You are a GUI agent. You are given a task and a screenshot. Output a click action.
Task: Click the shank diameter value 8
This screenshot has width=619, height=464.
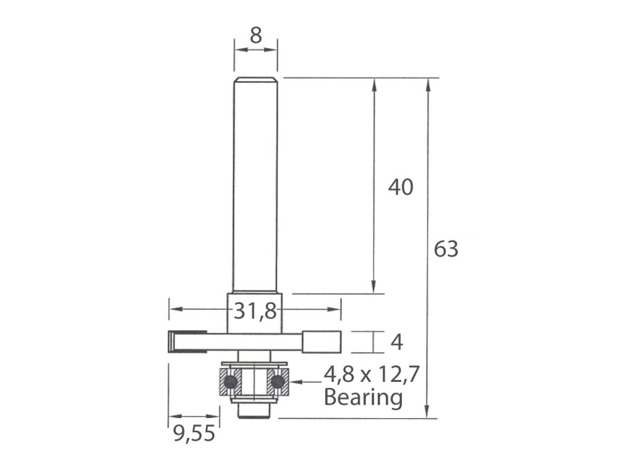tap(256, 36)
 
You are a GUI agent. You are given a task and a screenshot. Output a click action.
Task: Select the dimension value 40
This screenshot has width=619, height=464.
tap(401, 187)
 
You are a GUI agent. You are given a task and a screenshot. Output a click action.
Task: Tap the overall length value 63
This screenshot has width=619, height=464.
tap(446, 249)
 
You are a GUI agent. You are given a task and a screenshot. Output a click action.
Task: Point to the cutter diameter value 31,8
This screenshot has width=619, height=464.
tap(256, 311)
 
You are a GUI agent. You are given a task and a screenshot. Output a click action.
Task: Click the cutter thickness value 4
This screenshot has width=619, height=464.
tap(397, 342)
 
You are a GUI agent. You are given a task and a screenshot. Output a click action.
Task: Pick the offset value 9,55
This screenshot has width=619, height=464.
tap(194, 434)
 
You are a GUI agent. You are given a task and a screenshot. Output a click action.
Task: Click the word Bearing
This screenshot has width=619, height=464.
tap(363, 398)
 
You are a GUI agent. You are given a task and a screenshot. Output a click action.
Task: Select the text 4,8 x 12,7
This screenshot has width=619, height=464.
tap(372, 374)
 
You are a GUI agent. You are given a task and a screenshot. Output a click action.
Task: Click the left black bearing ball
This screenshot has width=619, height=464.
tap(230, 382)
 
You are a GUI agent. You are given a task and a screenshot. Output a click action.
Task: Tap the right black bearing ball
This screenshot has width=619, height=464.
tap(278, 382)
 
